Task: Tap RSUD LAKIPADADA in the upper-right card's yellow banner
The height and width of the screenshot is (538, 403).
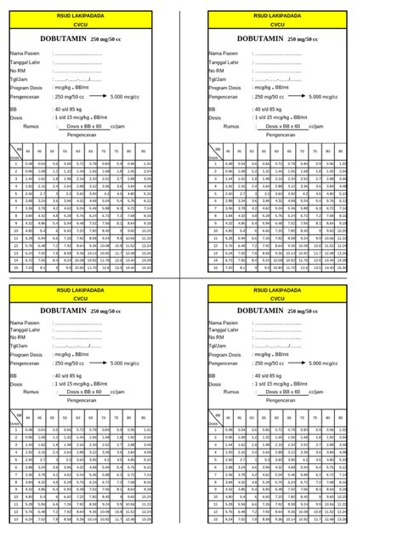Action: point(277,17)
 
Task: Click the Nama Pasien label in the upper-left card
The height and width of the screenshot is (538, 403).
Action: point(26,53)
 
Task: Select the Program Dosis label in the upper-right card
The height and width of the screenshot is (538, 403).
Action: point(228,88)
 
